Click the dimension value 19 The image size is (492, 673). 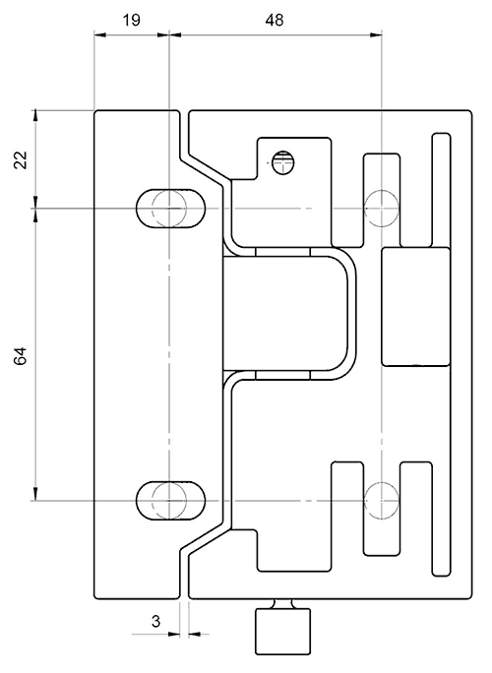coord(132,20)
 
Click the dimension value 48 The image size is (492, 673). coord(275,20)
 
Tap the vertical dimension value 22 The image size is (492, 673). coord(21,160)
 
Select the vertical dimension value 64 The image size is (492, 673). coord(21,355)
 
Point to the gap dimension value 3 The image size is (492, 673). coord(155,621)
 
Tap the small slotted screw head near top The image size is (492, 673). coord(283,162)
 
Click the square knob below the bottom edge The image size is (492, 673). coord(283,632)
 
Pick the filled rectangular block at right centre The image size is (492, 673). coord(416,306)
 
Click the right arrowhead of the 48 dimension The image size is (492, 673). coord(376,34)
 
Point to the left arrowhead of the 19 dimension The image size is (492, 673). coord(99,34)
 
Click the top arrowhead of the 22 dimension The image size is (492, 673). coord(35,115)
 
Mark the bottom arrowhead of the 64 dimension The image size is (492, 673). coord(35,495)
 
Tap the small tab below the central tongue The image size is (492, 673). coord(282,375)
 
